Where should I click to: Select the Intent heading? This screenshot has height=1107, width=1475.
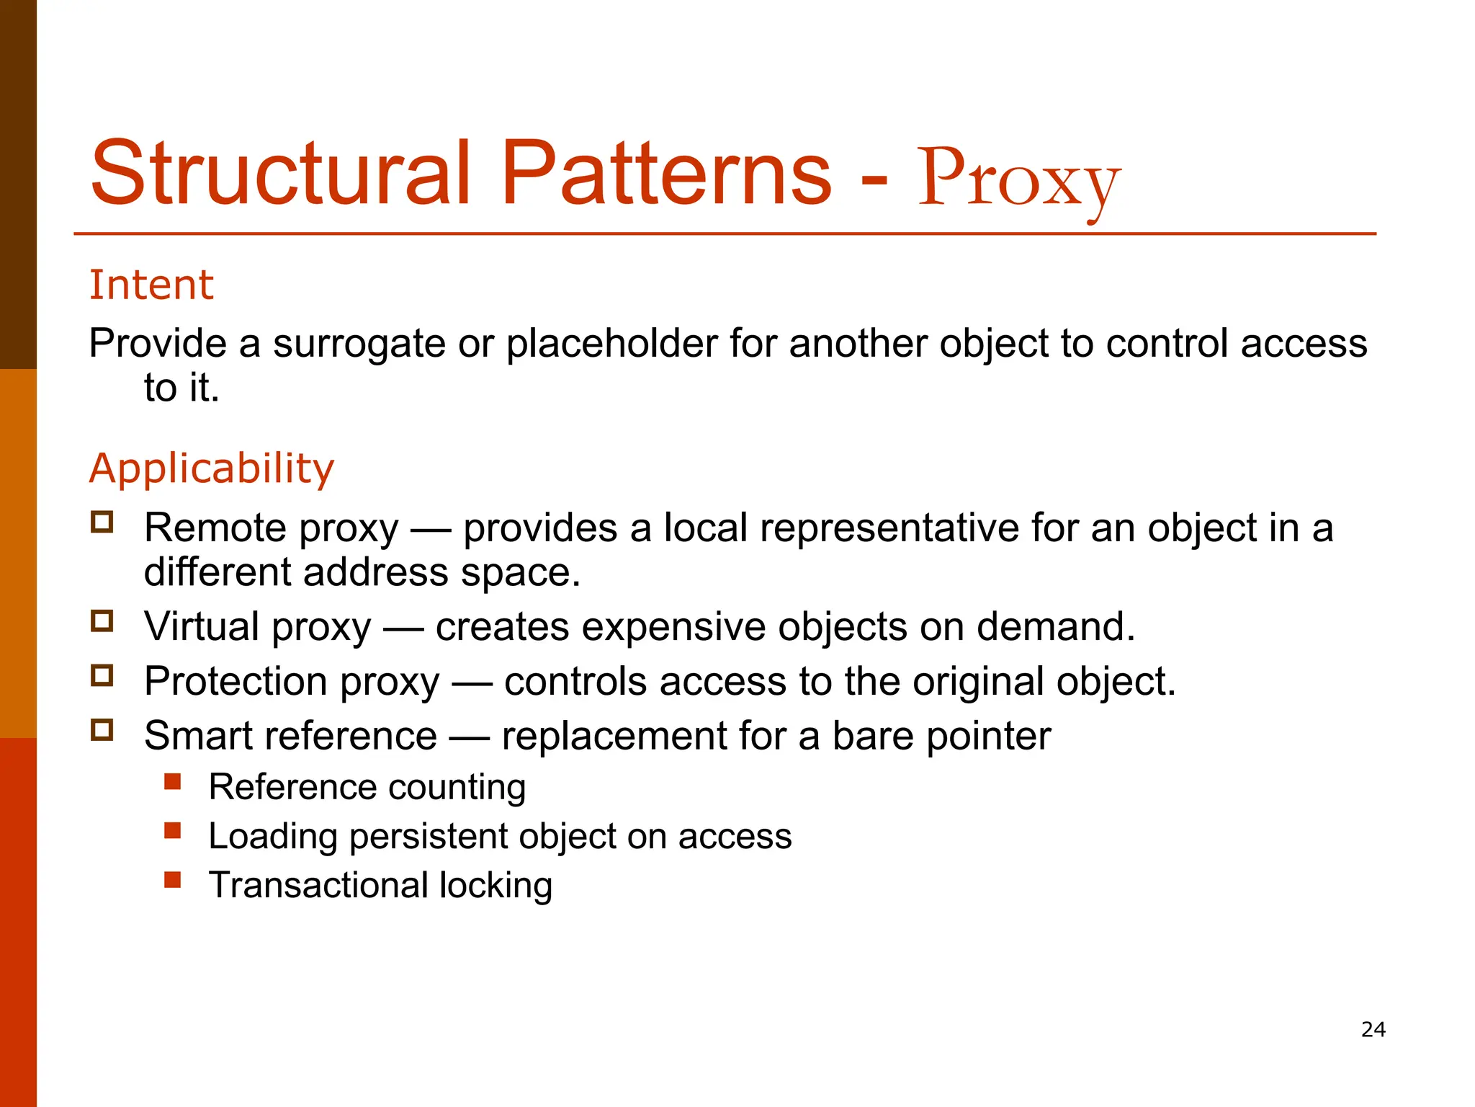(x=151, y=285)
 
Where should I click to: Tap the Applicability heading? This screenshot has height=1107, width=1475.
(x=211, y=468)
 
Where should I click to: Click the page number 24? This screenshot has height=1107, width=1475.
(x=1373, y=1029)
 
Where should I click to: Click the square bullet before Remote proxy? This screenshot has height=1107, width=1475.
(x=102, y=522)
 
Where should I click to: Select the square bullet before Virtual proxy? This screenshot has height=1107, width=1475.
(x=102, y=621)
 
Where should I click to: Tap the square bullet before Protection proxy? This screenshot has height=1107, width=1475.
(x=102, y=675)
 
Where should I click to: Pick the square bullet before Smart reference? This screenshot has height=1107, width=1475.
(x=102, y=730)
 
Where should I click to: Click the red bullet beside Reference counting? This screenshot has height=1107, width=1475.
(x=172, y=782)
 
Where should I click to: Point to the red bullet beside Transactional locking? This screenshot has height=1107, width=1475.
(x=172, y=880)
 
